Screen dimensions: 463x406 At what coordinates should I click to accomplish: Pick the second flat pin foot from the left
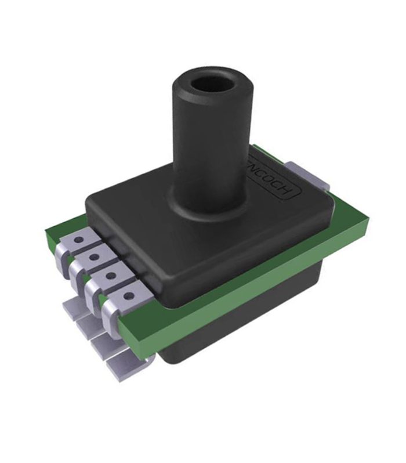(x=87, y=325)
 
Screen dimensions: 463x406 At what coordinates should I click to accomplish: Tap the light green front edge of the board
(x=244, y=310)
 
